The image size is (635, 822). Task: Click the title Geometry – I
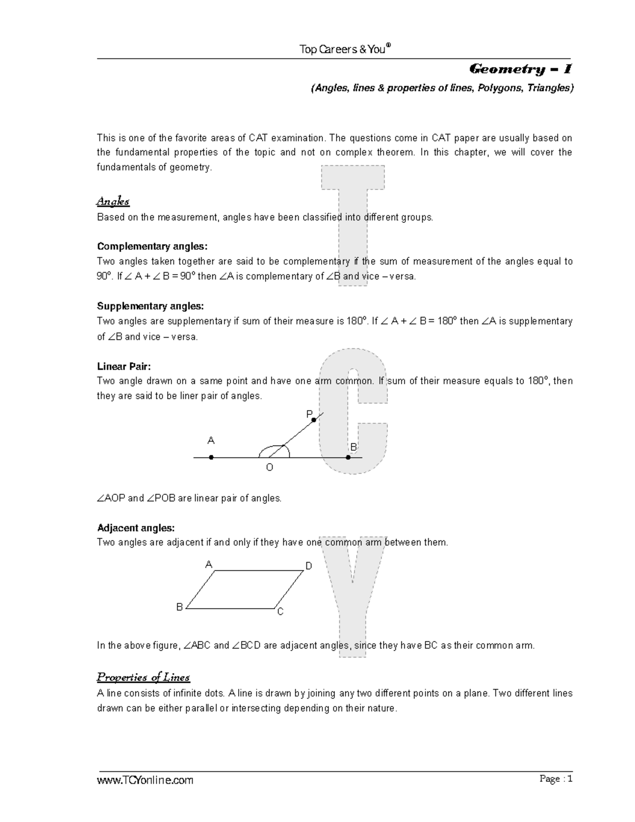point(520,69)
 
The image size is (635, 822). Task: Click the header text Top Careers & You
point(344,49)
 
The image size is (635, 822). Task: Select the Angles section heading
point(113,201)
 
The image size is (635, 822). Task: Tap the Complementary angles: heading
point(152,246)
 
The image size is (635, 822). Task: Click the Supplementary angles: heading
point(150,306)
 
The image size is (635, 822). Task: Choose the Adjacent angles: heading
point(135,528)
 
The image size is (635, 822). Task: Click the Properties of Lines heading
point(143,678)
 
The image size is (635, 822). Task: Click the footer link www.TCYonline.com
point(144,780)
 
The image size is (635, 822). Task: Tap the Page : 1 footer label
point(556,779)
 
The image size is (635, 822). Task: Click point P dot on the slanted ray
point(314,420)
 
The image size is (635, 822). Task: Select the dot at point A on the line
point(211,457)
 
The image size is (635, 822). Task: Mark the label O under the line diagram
point(269,467)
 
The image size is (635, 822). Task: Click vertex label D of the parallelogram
point(309,566)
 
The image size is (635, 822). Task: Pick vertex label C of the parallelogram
point(280,612)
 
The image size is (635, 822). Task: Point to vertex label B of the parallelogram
point(179,607)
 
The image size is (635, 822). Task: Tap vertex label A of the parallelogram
point(208,565)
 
